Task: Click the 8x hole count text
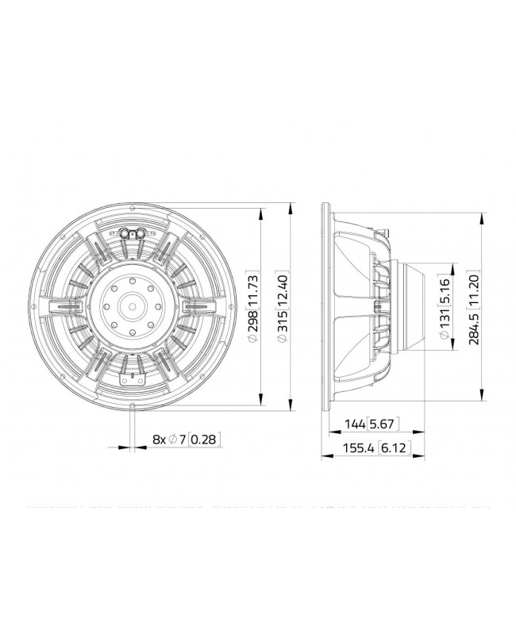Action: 159,439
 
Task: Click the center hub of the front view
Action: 131,305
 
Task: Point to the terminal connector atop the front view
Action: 132,233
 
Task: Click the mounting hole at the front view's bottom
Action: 132,406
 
